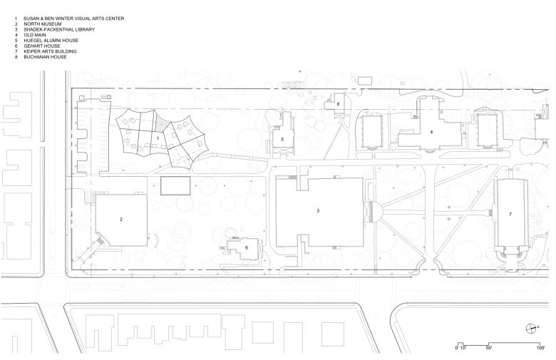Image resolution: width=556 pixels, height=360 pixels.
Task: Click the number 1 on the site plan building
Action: tap(158, 138)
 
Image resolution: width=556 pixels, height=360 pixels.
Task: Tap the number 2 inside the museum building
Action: tap(121, 220)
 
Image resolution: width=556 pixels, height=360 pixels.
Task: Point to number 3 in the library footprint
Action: tap(318, 211)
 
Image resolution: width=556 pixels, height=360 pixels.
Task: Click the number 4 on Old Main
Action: tap(431, 132)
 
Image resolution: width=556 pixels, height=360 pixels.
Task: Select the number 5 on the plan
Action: tap(282, 139)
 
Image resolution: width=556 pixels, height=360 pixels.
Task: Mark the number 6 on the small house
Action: tap(246, 247)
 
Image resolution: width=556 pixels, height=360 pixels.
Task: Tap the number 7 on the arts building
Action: tap(510, 214)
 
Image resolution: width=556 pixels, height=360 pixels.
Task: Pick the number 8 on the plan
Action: tap(339, 104)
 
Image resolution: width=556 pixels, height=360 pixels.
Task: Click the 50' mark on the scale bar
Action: tap(489, 348)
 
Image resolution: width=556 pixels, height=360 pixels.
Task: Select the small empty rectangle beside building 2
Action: tap(175, 186)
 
